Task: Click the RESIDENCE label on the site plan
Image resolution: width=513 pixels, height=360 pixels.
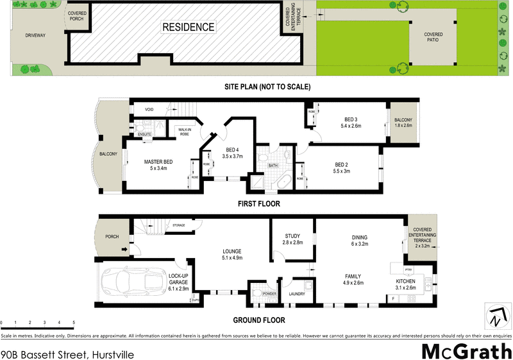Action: [x=188, y=28]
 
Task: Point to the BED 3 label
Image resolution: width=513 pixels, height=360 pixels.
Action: [x=351, y=119]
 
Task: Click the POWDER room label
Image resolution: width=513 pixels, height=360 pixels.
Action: [x=268, y=294]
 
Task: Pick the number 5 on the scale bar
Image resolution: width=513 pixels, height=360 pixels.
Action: [x=74, y=322]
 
